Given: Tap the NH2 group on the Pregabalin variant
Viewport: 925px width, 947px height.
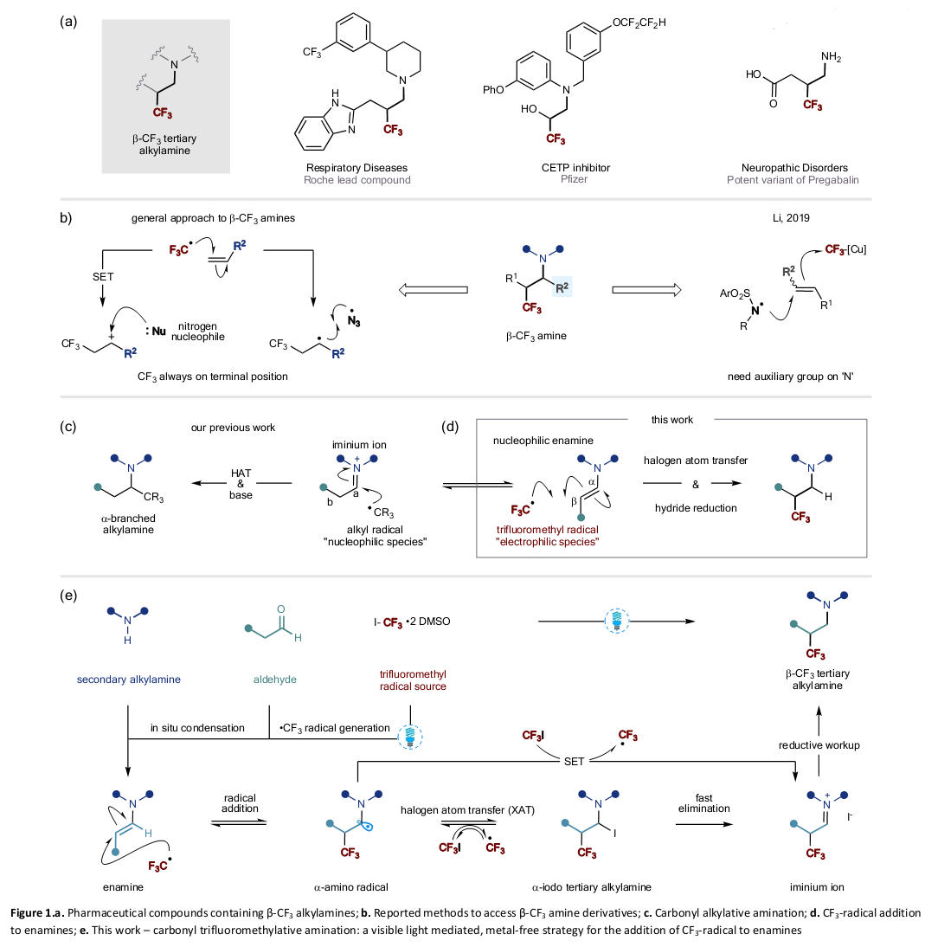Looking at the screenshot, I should [832, 58].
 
